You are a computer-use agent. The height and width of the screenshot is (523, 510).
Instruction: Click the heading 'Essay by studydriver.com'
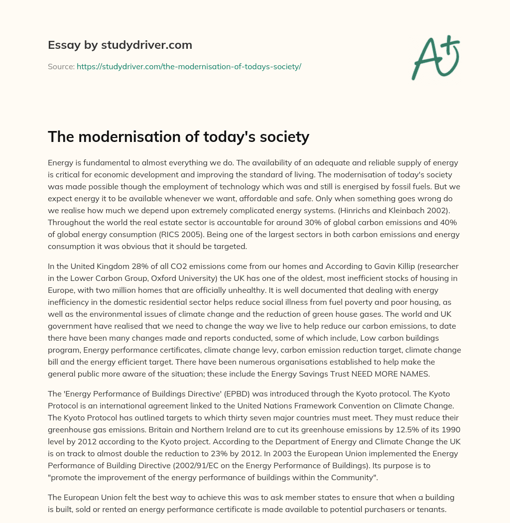[120, 45]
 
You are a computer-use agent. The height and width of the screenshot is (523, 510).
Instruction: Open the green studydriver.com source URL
[189, 66]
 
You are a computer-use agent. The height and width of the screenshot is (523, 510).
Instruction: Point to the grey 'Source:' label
[61, 66]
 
